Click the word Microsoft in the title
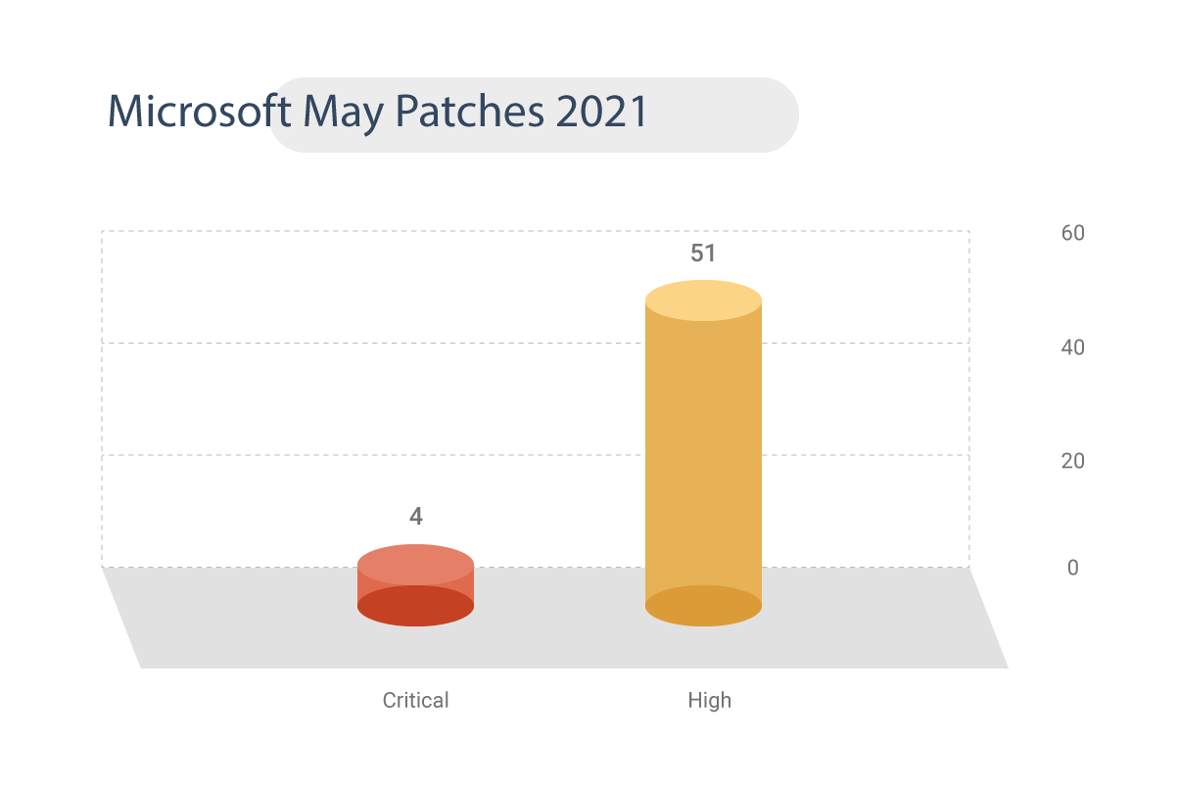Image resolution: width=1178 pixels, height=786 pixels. coord(199,113)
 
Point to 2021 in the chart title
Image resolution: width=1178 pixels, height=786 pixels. coord(601,113)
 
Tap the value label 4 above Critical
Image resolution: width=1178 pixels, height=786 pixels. coord(415,516)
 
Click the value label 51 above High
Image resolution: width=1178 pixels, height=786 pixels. coord(703,254)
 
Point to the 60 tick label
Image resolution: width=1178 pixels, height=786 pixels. coord(1072,233)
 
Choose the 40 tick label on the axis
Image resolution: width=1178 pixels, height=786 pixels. coord(1072,347)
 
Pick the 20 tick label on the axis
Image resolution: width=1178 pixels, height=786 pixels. coord(1072,460)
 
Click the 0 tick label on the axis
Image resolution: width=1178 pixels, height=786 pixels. coord(1072,568)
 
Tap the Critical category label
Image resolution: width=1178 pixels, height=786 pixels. coord(415,701)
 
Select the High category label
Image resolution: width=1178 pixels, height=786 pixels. coord(709,701)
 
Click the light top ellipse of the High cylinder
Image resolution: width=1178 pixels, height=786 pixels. coord(703,301)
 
